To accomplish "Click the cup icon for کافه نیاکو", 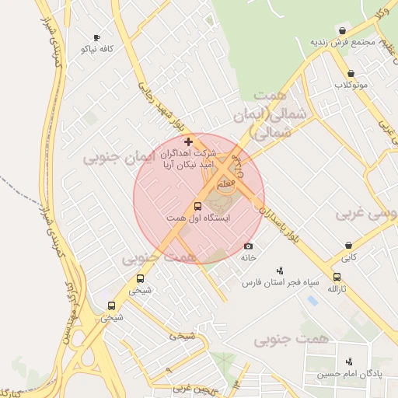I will click(96, 37).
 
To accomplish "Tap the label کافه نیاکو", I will click(97, 48).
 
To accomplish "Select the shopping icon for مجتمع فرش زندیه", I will click(342, 30).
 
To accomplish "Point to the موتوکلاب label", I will click(347, 84).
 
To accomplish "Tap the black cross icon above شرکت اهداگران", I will click(188, 141).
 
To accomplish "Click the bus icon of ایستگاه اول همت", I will click(197, 207).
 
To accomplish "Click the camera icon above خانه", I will click(248, 246).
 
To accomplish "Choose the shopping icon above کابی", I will click(347, 246).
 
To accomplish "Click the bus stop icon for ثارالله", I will click(337, 277).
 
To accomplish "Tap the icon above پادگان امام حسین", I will click(348, 361).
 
